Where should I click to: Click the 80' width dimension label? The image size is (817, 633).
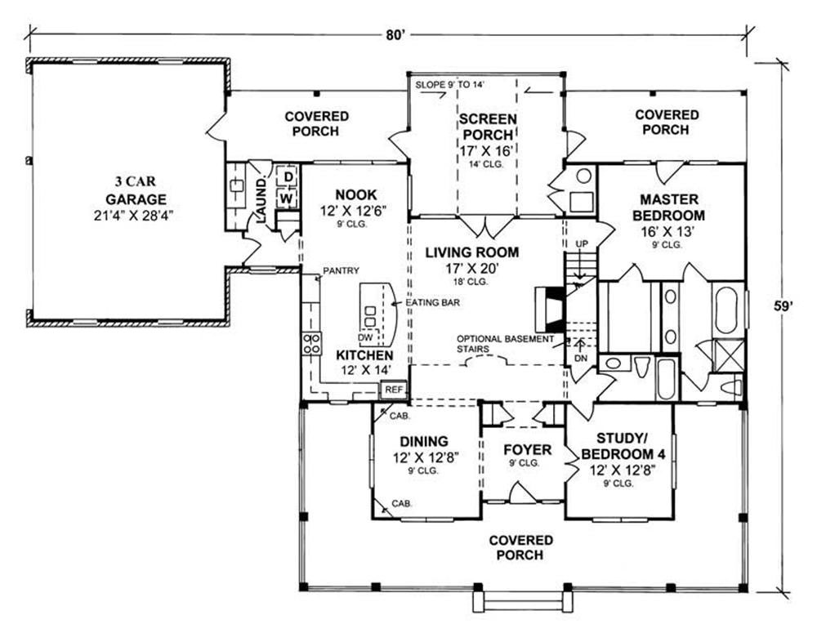click(395, 35)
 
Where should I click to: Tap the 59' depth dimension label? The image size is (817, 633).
click(783, 305)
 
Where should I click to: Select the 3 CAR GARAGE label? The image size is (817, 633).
click(136, 190)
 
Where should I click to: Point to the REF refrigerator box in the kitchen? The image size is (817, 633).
click(394, 389)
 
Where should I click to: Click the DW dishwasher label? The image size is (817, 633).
click(366, 337)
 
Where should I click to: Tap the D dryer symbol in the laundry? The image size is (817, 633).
click(288, 176)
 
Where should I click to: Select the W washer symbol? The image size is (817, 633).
click(287, 198)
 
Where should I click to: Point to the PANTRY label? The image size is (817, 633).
click(341, 270)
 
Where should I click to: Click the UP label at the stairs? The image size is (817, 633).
click(582, 244)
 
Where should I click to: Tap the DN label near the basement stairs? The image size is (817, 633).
click(581, 359)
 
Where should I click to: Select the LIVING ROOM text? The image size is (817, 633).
click(472, 252)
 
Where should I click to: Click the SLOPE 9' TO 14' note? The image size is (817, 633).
click(450, 84)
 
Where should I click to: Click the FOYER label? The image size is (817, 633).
click(527, 449)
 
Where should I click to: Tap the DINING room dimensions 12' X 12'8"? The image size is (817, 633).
click(425, 457)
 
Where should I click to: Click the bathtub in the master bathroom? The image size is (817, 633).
click(728, 310)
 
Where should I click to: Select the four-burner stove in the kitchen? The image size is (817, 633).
click(311, 344)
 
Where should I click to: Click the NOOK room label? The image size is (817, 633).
click(356, 195)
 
